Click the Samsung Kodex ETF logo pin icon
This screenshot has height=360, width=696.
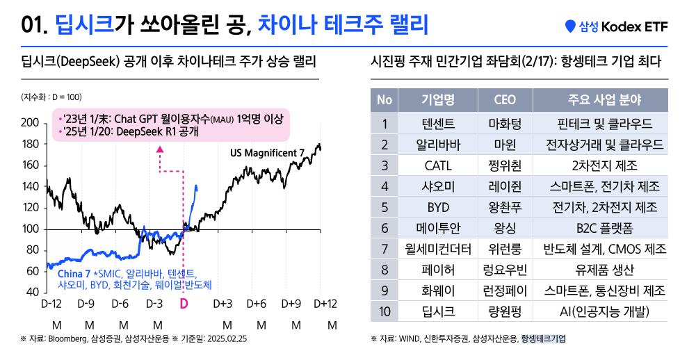[x=571, y=26]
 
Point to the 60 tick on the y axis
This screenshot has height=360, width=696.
[x=32, y=271]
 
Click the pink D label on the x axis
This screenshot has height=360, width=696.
[x=184, y=304]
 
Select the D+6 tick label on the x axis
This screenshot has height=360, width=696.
[x=257, y=304]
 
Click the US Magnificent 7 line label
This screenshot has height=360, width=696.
[x=267, y=152]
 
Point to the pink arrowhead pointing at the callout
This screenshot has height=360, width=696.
[x=160, y=149]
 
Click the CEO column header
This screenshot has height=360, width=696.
[x=505, y=99]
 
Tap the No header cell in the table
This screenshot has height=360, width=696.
[x=384, y=99]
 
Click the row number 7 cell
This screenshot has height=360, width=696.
[x=384, y=249]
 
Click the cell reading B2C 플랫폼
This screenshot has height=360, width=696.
[x=604, y=228]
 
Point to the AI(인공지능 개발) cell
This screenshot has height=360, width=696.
[x=604, y=311]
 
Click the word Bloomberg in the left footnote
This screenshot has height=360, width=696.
[x=68, y=339]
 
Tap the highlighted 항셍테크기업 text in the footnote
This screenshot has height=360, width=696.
[x=543, y=339]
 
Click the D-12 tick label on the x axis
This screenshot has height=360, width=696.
[x=52, y=304]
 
